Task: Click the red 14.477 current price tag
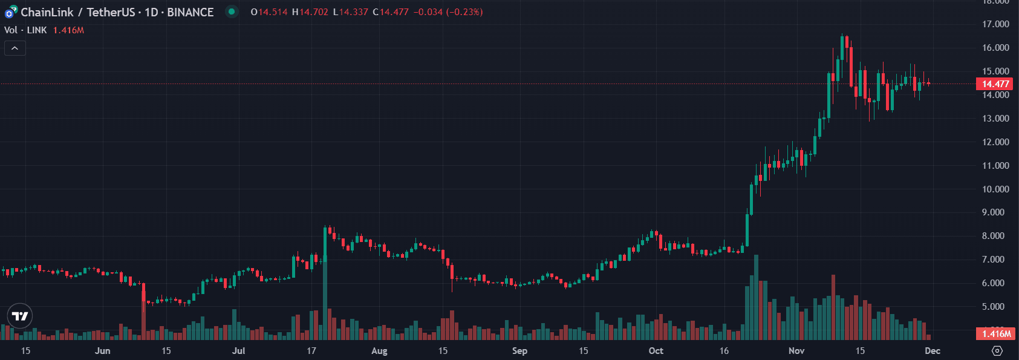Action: pyautogui.click(x=995, y=84)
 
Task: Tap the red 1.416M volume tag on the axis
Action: pyautogui.click(x=995, y=334)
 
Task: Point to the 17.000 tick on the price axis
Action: pyautogui.click(x=995, y=24)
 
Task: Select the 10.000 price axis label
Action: pyautogui.click(x=995, y=189)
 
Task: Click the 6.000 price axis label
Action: pyautogui.click(x=995, y=283)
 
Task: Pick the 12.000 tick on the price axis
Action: pyautogui.click(x=995, y=142)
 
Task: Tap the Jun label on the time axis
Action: pyautogui.click(x=103, y=351)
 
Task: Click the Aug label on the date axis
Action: pyautogui.click(x=379, y=351)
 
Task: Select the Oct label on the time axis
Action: pyautogui.click(x=656, y=351)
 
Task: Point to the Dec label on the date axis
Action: pyautogui.click(x=933, y=351)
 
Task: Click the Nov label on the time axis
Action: pyautogui.click(x=796, y=351)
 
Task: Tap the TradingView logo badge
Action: pyautogui.click(x=20, y=316)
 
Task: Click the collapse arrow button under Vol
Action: pyautogui.click(x=15, y=48)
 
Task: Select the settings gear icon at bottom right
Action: pyautogui.click(x=997, y=351)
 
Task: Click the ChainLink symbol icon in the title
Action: pyautogui.click(x=11, y=12)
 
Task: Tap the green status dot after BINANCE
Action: pyautogui.click(x=232, y=11)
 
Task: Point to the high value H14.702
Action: pyautogui.click(x=310, y=12)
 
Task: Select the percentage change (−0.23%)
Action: pyautogui.click(x=464, y=12)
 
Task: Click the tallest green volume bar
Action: pyautogui.click(x=756, y=297)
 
